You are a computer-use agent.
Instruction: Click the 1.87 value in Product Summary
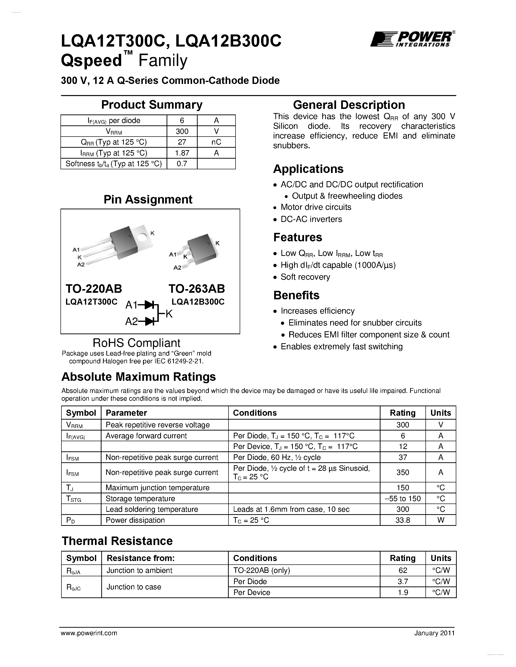point(182,153)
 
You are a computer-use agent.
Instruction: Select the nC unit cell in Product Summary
point(216,142)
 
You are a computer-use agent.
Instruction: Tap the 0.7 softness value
point(182,164)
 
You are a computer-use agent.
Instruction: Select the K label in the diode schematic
point(169,314)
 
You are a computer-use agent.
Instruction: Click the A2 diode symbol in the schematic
point(150,321)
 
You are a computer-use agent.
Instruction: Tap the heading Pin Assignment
point(148,199)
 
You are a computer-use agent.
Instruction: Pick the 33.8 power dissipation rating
point(403,520)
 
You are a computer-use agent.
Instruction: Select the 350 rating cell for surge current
point(403,472)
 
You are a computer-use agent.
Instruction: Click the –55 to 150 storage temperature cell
point(403,499)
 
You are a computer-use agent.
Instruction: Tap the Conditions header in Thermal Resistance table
point(255,558)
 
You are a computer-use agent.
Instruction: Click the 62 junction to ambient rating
point(403,570)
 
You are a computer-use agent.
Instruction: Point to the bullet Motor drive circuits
point(316,207)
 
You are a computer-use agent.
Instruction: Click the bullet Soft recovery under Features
point(305,277)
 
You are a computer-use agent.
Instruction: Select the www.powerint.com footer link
point(89,633)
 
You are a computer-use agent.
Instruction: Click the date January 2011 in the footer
point(434,633)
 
